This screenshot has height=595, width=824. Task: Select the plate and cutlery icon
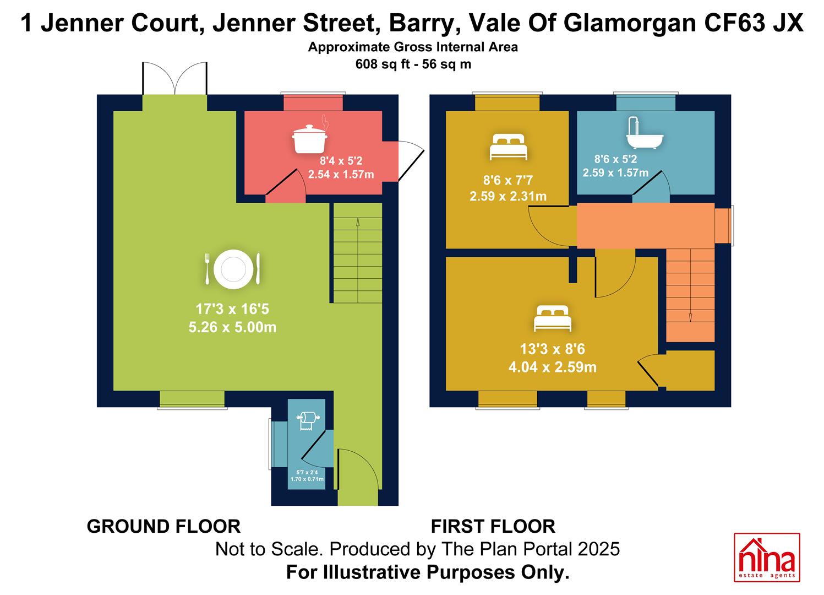pyautogui.click(x=232, y=269)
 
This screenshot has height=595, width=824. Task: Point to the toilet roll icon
pyautogui.click(x=308, y=421)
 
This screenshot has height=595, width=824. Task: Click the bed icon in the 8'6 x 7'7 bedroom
pyautogui.click(x=509, y=147)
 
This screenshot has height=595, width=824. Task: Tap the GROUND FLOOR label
pyautogui.click(x=163, y=527)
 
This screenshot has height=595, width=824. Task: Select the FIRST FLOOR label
pyautogui.click(x=493, y=527)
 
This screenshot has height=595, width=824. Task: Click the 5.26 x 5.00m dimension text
pyautogui.click(x=232, y=327)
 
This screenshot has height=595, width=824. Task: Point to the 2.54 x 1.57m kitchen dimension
pyautogui.click(x=341, y=174)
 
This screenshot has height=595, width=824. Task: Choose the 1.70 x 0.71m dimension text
pyautogui.click(x=307, y=479)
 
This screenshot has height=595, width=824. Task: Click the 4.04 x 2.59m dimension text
pyautogui.click(x=553, y=367)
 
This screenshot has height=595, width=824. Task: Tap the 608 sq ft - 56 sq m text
pyautogui.click(x=413, y=64)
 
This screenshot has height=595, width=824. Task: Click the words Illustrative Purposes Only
pyautogui.click(x=446, y=572)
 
